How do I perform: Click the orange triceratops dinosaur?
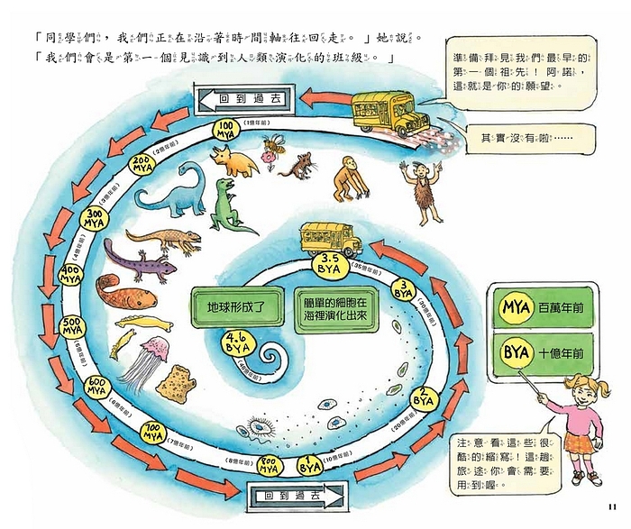(234, 160)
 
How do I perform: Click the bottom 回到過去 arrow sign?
(293, 496)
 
